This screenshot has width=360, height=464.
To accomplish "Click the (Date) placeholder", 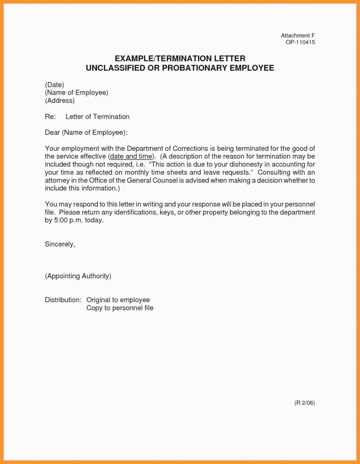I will point(54,85).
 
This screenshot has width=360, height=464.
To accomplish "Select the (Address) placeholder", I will point(60,101).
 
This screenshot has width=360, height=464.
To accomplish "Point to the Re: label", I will point(50,116).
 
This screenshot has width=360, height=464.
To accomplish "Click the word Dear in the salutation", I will point(52,132).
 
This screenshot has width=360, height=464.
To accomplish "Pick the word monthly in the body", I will point(152,172).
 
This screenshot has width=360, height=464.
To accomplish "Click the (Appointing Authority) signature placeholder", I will point(78,276).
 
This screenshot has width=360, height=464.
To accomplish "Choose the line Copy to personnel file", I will point(120,308).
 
